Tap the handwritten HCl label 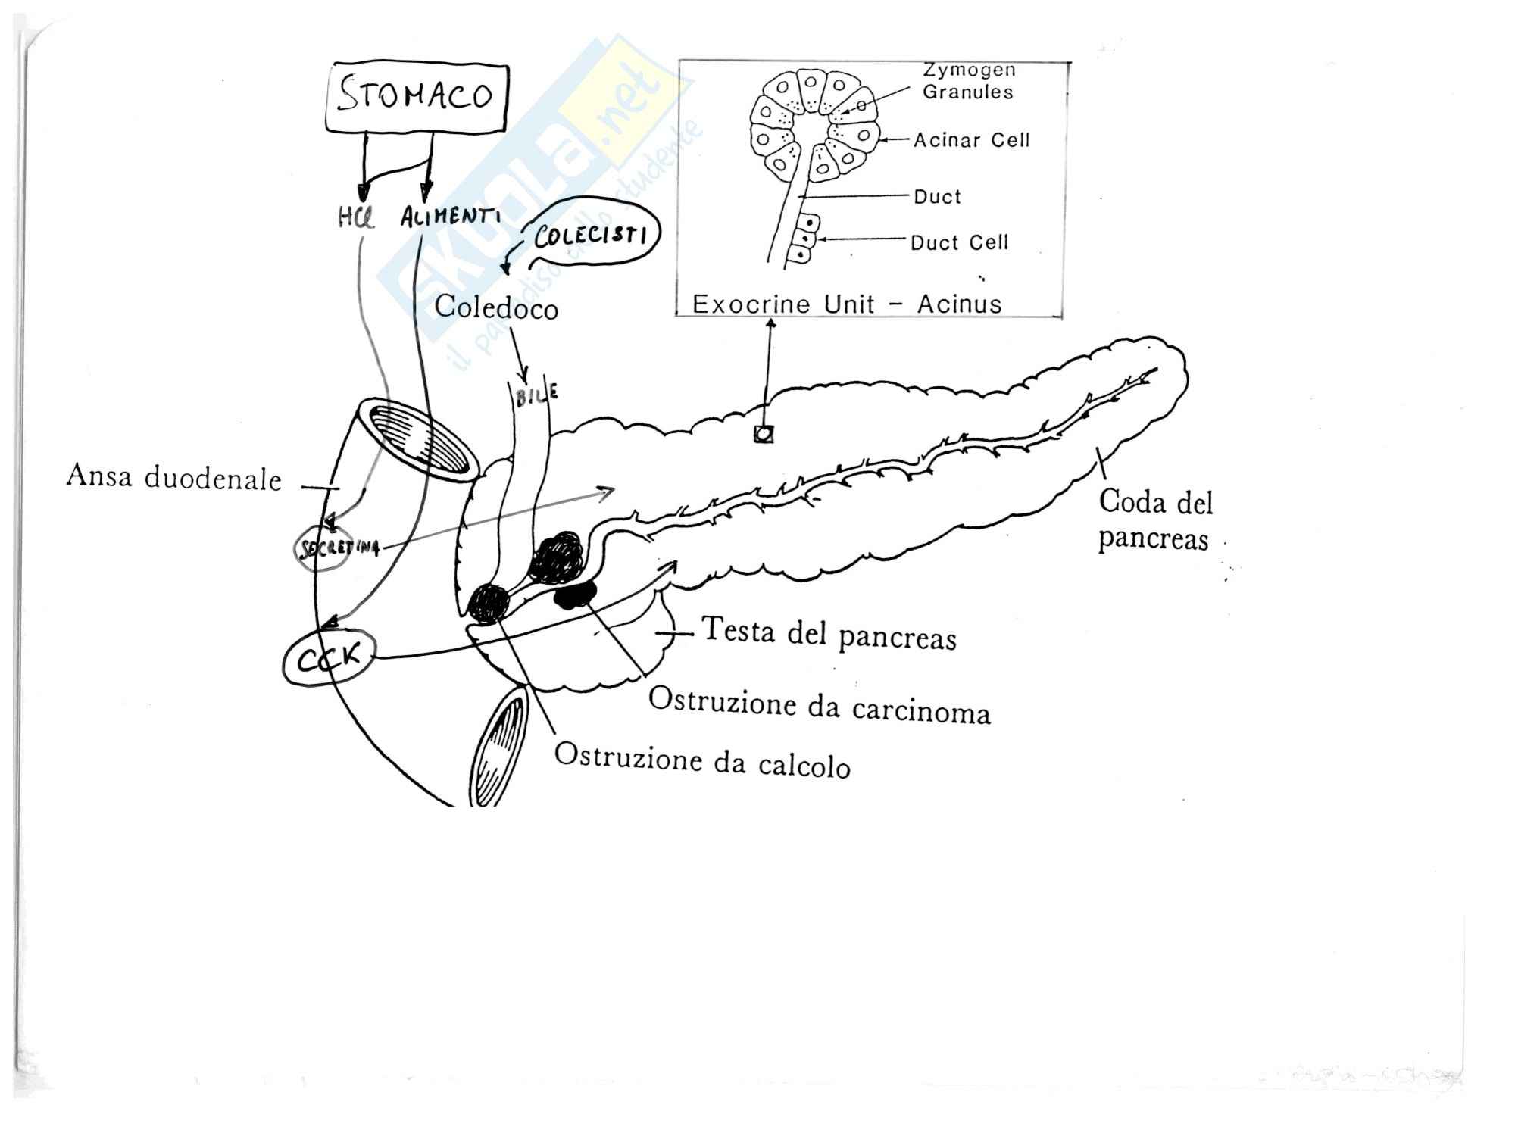coord(355,219)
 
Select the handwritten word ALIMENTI coord(450,217)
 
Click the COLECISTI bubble coord(590,236)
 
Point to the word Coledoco coord(496,307)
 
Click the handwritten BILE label coord(536,395)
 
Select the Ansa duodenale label coord(173,478)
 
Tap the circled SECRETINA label coord(336,547)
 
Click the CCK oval coord(329,659)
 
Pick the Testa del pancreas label coord(829,634)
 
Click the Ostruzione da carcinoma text coord(819,706)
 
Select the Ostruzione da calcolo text coord(702,760)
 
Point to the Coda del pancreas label coord(1154,520)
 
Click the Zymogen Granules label coord(968,81)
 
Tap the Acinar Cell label coord(971,140)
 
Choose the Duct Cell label coord(959,242)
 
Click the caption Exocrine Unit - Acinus coord(847,304)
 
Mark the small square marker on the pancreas coord(764,434)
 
